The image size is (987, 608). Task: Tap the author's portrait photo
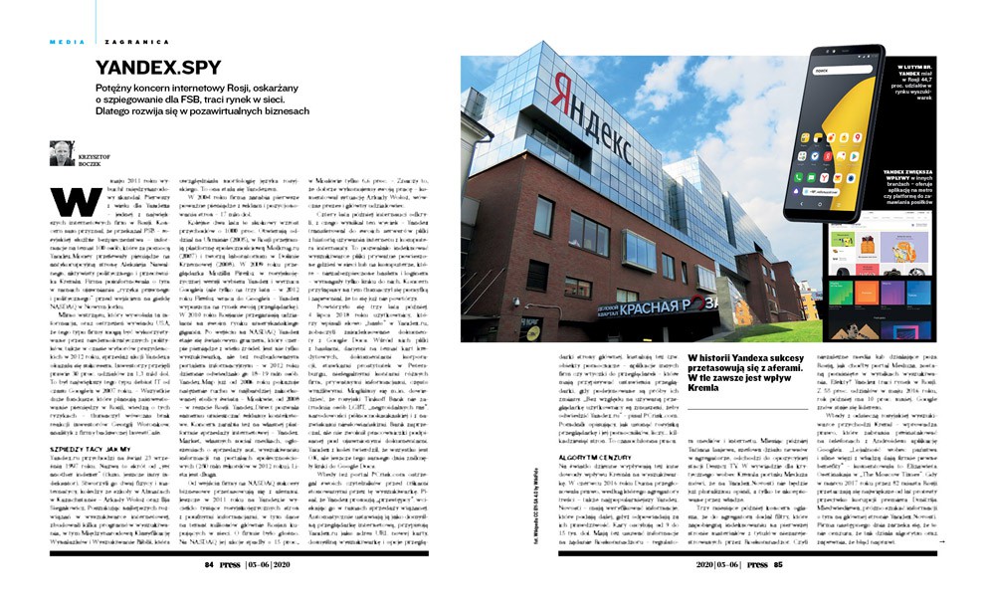pos(61,153)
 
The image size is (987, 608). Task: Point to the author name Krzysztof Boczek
pos(96,156)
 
